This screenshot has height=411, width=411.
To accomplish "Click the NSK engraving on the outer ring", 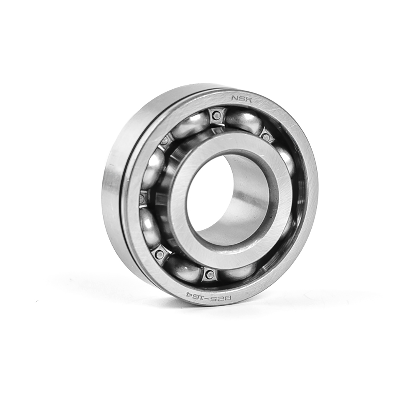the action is tap(241, 99).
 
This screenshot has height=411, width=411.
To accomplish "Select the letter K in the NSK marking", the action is tap(249, 99).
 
